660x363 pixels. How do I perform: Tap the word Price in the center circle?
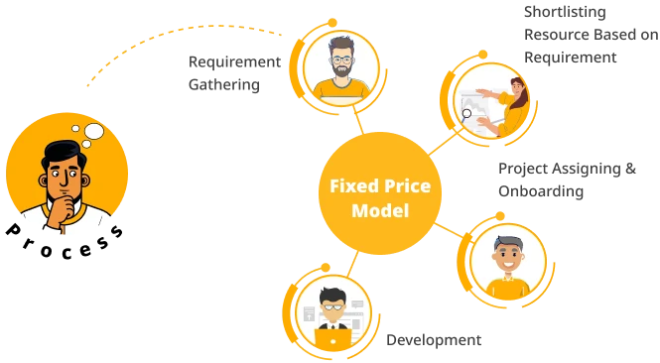click(x=402, y=185)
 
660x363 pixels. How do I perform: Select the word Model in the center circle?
click(x=379, y=210)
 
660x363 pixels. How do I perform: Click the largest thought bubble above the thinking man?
click(x=95, y=130)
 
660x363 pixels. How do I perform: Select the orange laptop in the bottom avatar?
click(x=332, y=339)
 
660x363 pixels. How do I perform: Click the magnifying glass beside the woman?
click(x=467, y=113)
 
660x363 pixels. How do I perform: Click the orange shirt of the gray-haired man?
click(x=508, y=288)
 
